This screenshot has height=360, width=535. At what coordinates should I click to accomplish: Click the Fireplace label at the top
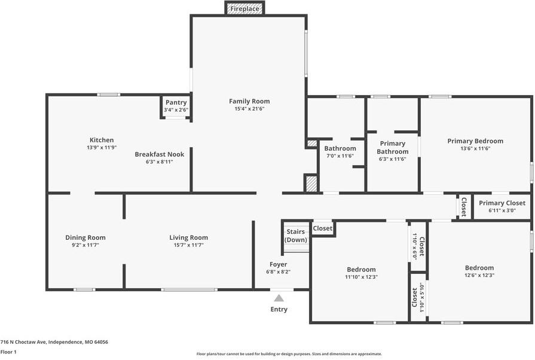[x=244, y=9]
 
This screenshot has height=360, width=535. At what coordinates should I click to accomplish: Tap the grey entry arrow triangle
[x=279, y=298]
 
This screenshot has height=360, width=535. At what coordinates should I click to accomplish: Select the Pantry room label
[x=176, y=102]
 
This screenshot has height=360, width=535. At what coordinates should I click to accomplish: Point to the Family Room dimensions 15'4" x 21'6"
[x=249, y=109]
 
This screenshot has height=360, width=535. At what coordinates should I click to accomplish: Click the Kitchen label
[x=102, y=140]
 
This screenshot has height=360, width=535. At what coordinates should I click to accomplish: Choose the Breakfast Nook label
[x=160, y=154]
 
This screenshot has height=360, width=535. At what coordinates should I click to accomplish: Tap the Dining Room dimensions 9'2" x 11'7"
[x=85, y=245]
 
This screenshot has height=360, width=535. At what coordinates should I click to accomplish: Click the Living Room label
[x=189, y=237]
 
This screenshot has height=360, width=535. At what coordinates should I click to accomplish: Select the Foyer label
[x=279, y=264]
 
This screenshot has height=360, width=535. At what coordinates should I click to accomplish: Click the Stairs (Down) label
[x=296, y=236]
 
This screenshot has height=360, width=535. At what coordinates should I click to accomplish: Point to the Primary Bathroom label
[x=393, y=148]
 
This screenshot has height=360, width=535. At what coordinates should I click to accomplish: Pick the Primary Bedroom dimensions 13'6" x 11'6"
[x=475, y=148]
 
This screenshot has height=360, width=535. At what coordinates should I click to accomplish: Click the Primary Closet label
[x=502, y=203]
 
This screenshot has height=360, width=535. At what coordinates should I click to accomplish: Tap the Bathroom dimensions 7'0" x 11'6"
[x=340, y=156]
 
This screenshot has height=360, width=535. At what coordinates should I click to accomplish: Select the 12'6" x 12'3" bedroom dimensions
[x=479, y=275]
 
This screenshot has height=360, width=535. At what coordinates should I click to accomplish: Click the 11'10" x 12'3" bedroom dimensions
[x=361, y=277]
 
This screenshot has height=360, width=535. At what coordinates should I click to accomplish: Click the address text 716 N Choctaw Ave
[x=23, y=342]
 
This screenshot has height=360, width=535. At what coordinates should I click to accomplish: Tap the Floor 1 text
[x=8, y=352]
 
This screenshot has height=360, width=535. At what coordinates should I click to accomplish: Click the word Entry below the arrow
[x=279, y=309]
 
